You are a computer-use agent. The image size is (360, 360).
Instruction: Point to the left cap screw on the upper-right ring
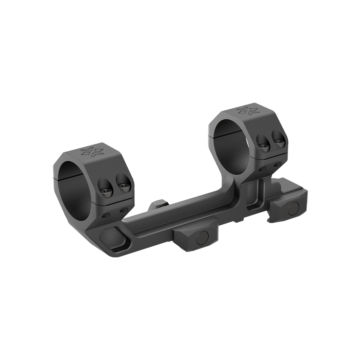click(x=263, y=146)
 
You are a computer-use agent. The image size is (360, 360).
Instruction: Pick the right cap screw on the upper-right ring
click(x=278, y=143)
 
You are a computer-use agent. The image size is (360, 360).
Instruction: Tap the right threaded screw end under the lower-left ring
click(x=122, y=211)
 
